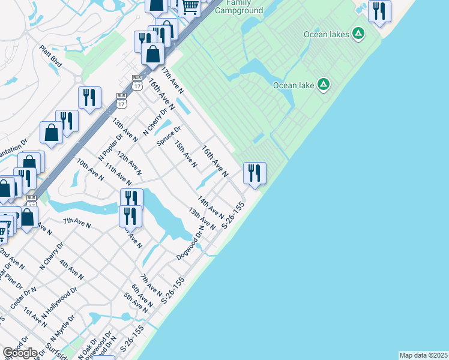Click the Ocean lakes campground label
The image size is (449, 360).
click(x=326, y=34)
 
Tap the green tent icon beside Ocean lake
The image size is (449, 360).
click(x=324, y=85)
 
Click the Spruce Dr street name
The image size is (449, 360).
click(x=169, y=136)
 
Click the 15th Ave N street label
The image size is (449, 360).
click(x=185, y=154)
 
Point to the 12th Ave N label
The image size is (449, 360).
click(x=129, y=163)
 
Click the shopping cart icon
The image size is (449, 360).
click(x=191, y=7)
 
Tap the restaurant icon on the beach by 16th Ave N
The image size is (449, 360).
click(x=255, y=174)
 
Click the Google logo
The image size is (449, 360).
click(x=20, y=353)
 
